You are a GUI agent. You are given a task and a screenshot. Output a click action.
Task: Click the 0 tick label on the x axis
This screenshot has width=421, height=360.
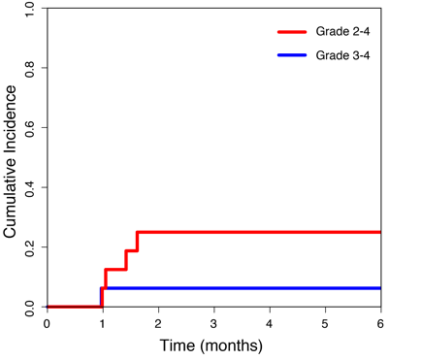(47, 324)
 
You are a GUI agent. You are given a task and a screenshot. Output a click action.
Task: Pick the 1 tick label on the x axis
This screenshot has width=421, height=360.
(102, 324)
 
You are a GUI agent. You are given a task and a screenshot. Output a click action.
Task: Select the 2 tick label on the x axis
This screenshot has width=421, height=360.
(158, 324)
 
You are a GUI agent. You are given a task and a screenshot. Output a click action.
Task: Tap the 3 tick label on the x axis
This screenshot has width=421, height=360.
(213, 324)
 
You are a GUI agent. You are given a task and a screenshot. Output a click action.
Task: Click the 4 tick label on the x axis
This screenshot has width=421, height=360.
(269, 324)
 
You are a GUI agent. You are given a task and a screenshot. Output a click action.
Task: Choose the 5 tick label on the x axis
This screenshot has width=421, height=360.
(325, 324)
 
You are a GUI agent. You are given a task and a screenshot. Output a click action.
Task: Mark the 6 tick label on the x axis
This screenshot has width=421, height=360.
(380, 324)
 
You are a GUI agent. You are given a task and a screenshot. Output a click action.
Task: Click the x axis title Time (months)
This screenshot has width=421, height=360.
(213, 344)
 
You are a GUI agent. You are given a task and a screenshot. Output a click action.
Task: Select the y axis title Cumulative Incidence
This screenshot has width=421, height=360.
(11, 161)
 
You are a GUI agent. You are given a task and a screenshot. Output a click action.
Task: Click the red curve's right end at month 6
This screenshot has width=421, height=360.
(379, 232)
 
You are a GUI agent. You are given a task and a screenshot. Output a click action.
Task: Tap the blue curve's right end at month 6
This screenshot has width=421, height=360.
(379, 288)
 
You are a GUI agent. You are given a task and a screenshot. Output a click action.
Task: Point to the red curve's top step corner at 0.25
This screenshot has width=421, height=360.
(138, 232)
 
